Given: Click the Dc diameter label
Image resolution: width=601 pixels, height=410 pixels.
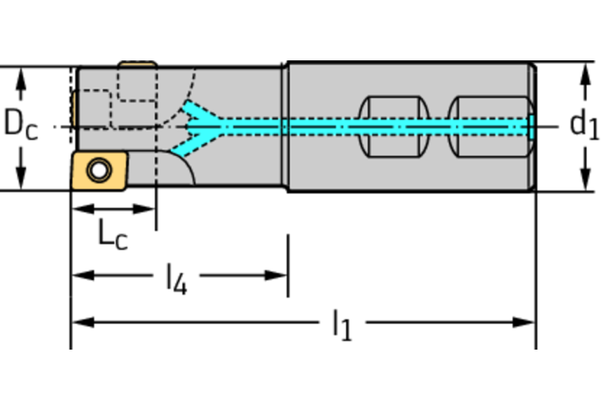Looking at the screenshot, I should point(21,125).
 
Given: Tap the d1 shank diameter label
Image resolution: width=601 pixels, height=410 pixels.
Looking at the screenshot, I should point(584,124).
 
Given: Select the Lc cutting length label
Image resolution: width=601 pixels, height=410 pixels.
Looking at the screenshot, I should point(112,234).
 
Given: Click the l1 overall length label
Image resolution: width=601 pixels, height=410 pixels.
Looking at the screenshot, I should point(341,324).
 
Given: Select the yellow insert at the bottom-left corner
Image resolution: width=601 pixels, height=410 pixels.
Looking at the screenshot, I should point(98,169).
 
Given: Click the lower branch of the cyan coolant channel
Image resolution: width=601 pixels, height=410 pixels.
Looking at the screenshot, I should point(188,143).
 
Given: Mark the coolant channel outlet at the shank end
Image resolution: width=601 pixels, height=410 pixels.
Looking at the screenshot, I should point(532,125).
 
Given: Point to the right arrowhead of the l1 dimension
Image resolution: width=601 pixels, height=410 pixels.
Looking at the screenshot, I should point(527,321).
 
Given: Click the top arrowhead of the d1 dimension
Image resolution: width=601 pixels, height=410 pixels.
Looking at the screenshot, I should point(584,74).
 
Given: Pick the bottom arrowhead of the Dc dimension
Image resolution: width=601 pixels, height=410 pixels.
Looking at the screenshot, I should point(21,180).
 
